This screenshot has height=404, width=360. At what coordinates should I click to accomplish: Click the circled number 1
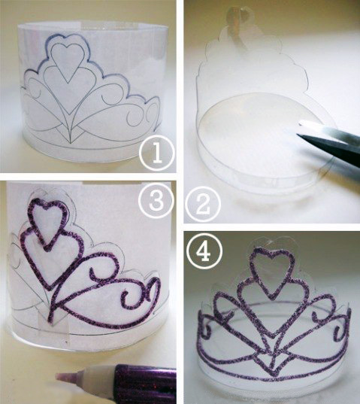(x=157, y=153)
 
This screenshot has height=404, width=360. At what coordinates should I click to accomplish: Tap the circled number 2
(x=203, y=205)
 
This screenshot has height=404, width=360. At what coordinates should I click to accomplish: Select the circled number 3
(x=156, y=200)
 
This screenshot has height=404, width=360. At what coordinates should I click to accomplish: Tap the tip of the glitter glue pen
(x=58, y=376)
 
